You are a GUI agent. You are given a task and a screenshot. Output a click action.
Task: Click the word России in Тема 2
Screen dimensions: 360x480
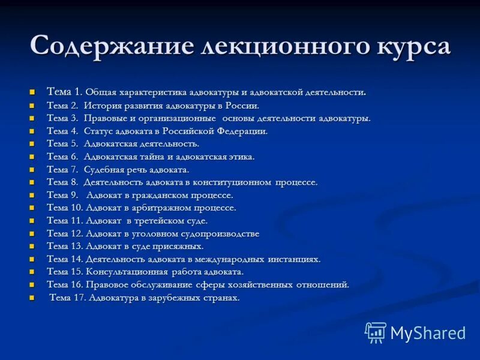point(241,106)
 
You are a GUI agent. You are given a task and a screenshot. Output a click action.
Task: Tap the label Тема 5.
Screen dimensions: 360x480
point(62,144)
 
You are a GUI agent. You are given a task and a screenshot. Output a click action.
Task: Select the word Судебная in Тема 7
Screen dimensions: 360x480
point(103,170)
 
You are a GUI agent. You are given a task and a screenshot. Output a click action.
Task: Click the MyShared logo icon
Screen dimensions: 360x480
point(376,332)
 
